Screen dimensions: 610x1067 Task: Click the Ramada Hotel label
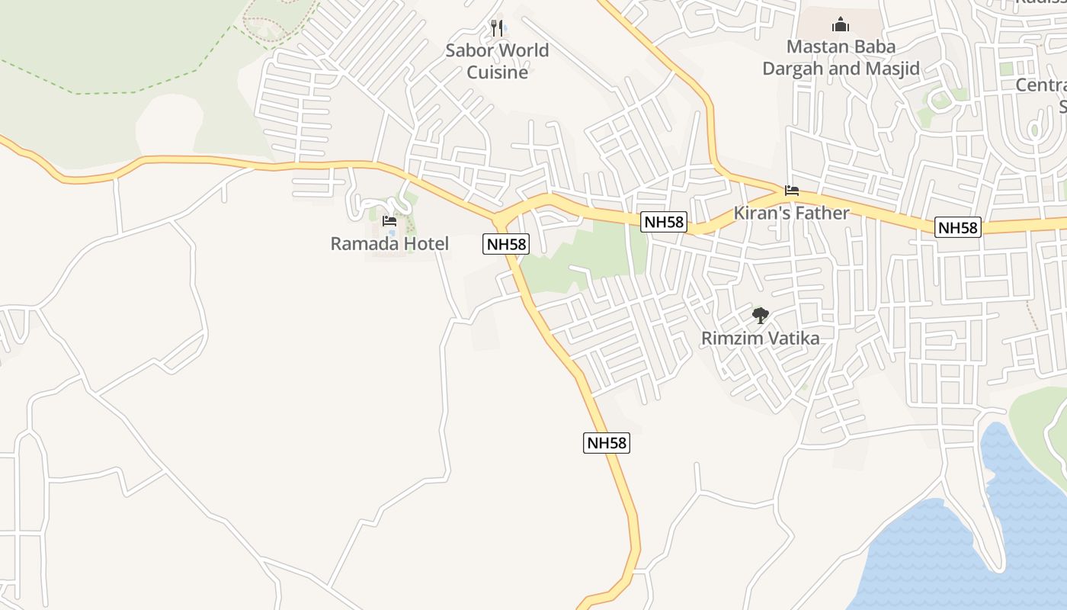pos(389,244)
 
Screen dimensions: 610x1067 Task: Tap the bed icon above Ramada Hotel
pos(389,221)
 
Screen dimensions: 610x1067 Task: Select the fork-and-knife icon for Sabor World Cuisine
pos(497,28)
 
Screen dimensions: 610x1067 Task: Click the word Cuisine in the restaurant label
pos(497,72)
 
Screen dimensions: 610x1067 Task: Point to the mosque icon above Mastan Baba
pos(841,24)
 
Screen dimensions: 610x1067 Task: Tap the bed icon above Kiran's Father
pos(792,191)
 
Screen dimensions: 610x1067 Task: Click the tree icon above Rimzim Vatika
pos(760,315)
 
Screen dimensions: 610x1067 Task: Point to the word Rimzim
pos(730,338)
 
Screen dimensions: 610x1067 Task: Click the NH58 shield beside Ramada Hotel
pos(506,244)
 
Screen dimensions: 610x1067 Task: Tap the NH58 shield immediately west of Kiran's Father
pos(664,222)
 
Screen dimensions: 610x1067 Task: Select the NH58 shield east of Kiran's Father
pos(958,227)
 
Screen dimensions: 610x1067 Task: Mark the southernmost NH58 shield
pos(607,442)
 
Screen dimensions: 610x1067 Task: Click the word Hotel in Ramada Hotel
pos(425,244)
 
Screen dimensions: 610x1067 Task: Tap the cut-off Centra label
pos(1042,85)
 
